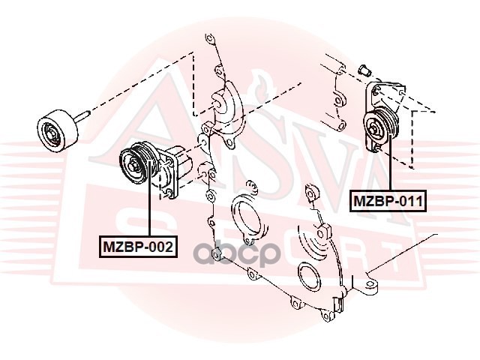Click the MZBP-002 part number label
point(139,245)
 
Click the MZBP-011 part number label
point(388,202)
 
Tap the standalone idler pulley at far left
point(55,129)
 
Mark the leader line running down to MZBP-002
point(150,214)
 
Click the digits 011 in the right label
point(409,202)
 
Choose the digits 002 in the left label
point(160,245)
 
